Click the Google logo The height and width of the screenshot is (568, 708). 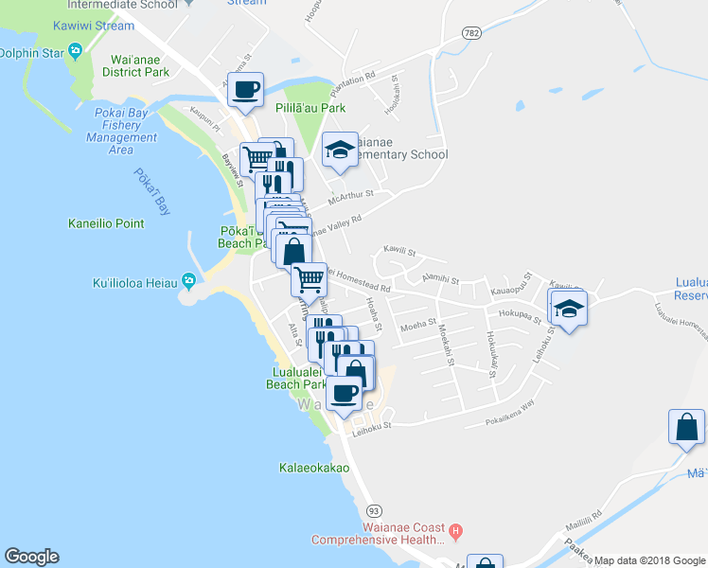[31, 557]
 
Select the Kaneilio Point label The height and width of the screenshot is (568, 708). [106, 223]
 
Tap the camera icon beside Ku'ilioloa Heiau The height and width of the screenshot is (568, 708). [188, 281]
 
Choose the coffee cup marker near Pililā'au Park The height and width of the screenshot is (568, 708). [246, 90]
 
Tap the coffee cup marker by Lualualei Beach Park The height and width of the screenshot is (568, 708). [344, 392]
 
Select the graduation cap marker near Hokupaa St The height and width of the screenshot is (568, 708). [568, 309]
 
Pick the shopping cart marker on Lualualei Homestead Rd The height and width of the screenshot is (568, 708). [309, 279]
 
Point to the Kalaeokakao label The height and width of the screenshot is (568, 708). [314, 468]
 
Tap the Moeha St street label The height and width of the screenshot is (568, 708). [416, 326]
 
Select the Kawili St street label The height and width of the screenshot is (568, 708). [398, 251]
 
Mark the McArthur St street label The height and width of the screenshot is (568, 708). [351, 197]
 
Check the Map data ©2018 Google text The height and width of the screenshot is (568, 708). [648, 560]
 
